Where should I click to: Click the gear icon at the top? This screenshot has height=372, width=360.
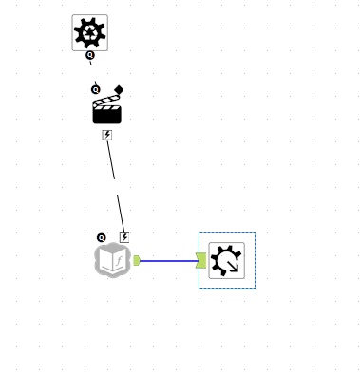89,32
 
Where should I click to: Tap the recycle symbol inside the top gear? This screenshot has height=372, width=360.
89,34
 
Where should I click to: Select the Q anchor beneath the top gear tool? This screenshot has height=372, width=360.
90,55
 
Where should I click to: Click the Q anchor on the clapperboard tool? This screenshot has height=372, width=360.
95,89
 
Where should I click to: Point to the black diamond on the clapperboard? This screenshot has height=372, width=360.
119,90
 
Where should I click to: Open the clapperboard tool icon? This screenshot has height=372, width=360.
106,110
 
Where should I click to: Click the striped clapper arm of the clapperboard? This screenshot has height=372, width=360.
106,100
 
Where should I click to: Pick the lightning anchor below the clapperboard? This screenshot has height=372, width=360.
107,135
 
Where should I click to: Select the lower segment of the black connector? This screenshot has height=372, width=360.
121,214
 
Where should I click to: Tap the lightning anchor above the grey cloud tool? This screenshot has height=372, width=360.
124,237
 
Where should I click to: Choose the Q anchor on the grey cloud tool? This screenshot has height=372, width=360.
101,237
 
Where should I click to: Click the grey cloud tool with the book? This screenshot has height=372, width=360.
112,259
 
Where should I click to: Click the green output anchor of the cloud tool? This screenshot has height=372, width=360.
137,260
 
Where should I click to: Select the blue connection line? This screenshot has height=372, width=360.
168,260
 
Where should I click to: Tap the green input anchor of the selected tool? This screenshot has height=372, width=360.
201,260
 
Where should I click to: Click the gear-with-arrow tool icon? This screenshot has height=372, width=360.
226,260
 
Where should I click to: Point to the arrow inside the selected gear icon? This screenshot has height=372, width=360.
233,267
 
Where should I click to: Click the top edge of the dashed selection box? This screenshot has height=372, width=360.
226,232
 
